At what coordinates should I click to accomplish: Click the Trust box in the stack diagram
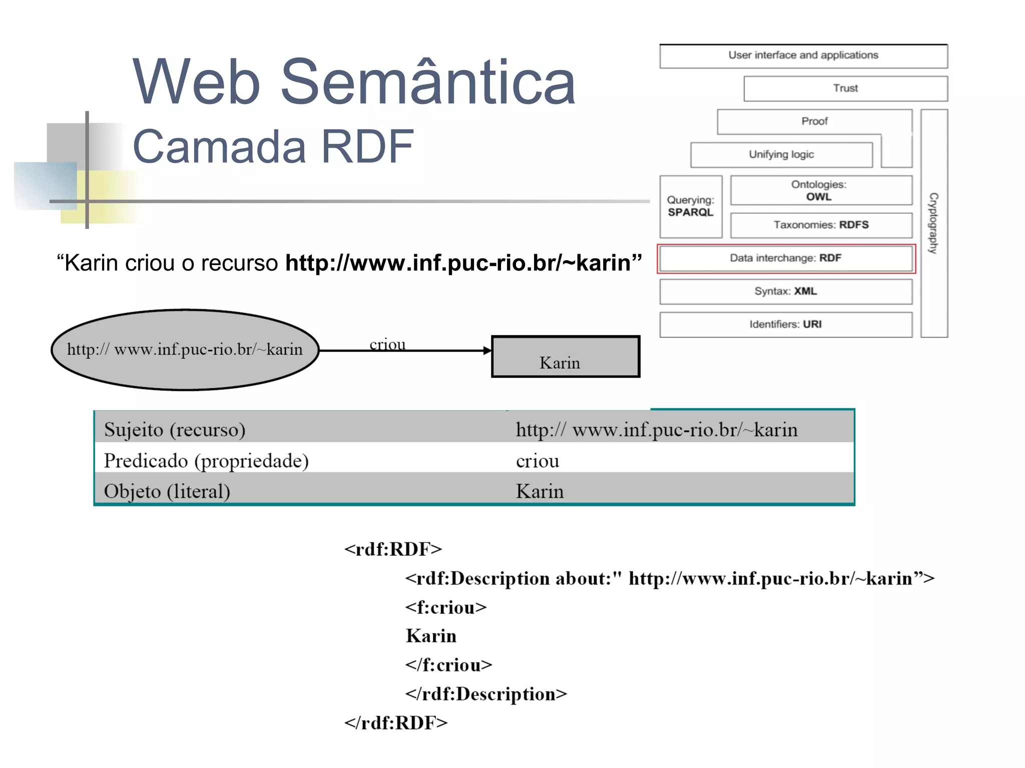[x=845, y=89]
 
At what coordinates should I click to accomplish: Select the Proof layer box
[x=814, y=122]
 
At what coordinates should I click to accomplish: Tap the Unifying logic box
[x=781, y=155]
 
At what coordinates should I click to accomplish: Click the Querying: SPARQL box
[x=691, y=206]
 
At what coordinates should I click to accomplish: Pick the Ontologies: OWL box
[x=821, y=190]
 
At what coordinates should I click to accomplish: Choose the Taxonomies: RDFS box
[x=821, y=225]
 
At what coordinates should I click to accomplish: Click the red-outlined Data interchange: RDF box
[x=786, y=258]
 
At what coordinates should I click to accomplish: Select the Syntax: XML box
[x=786, y=291]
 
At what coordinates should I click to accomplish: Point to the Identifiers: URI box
[x=786, y=324]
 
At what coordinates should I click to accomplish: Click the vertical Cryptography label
[x=933, y=223]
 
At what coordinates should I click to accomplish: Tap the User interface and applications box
[x=803, y=56]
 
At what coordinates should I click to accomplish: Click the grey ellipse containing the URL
[x=185, y=349]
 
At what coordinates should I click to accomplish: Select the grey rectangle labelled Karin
[x=566, y=356]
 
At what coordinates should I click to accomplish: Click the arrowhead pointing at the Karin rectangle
[x=487, y=351]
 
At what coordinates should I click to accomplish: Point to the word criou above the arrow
[x=387, y=344]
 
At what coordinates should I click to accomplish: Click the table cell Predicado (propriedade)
[x=206, y=460]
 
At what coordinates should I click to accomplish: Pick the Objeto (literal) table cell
[x=167, y=491]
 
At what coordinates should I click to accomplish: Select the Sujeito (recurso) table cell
[x=175, y=430]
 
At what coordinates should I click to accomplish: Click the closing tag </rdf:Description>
[x=486, y=694]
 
